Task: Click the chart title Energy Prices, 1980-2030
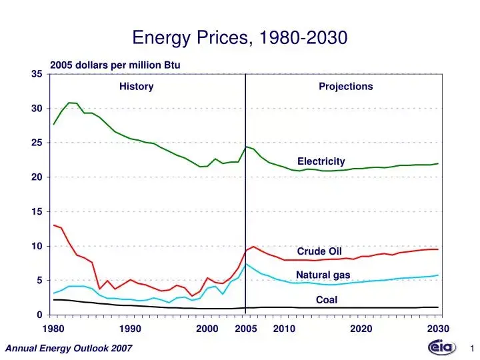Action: point(240,37)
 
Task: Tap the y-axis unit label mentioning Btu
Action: point(115,65)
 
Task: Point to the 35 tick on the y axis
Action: point(37,74)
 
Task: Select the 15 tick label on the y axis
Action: point(37,211)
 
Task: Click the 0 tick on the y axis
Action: point(40,315)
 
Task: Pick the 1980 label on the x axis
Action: point(53,329)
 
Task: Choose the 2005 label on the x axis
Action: point(246,329)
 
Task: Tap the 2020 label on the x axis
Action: point(361,329)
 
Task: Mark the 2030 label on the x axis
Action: point(438,329)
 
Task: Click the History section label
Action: point(137,87)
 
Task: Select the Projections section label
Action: point(346,87)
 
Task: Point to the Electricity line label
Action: point(321,161)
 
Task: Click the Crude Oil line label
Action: point(319,251)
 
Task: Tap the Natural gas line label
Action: point(323,275)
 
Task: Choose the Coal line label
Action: point(327,300)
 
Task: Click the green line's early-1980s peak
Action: point(69,103)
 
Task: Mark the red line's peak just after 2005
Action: point(253,247)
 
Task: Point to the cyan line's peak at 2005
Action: point(246,264)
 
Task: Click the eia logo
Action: point(442,347)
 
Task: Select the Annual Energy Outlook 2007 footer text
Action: point(69,349)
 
